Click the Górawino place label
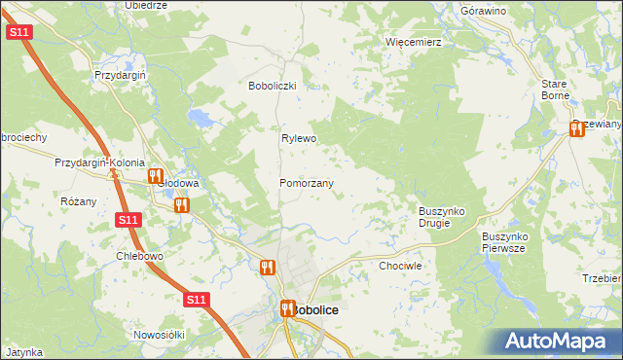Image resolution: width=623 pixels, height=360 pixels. coord(484,11)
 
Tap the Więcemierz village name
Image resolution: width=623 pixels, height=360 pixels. coord(414,43)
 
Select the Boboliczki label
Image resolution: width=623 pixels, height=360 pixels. coord(277,86)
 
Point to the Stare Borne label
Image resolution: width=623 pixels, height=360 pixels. coord(555,90)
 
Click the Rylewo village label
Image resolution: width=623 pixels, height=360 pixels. coord(300,138)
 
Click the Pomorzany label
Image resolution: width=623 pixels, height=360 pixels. coord(307,183)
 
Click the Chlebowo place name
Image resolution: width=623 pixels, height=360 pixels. coord(138,256)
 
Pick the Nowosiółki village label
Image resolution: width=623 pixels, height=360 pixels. coord(159,334)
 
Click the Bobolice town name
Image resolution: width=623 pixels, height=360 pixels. coord(314,309)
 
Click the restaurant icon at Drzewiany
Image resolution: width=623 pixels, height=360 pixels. coord(576,129)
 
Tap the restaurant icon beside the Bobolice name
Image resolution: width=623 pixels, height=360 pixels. coord(287,309)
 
